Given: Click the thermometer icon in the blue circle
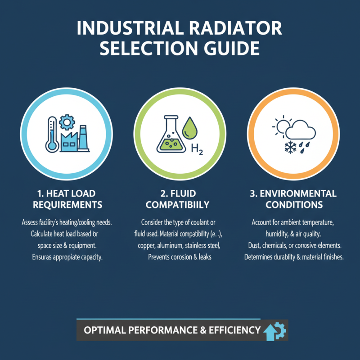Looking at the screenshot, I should click(x=50, y=134).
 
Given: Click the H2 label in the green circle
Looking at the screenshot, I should click(x=197, y=149).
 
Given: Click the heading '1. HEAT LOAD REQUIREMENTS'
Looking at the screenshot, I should click(x=67, y=199).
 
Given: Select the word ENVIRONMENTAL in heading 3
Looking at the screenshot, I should click(x=300, y=193).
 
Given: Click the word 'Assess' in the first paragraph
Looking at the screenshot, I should click(x=32, y=222).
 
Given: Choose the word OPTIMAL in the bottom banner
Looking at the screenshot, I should click(x=104, y=330).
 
